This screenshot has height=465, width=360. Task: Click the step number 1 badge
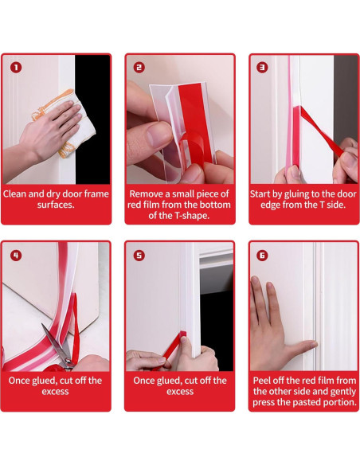pos(16,68)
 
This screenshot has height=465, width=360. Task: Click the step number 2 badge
pos(139,68)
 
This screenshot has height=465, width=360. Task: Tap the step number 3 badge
pos(262,68)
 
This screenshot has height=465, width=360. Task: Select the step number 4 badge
pos(16,256)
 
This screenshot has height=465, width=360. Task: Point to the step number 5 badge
pos(139,256)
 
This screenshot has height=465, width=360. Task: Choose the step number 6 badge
pos(262,256)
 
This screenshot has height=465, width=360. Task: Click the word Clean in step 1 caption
pos(14,194)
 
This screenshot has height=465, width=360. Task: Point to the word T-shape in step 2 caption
pos(193,216)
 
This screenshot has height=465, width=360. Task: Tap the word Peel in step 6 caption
pos(262,381)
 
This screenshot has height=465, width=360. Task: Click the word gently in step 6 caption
pos(342,392)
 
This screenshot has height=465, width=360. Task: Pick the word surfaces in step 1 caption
pos(56,205)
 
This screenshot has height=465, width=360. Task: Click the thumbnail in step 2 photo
pos(158,135)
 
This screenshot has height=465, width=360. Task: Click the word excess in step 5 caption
pos(180,392)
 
